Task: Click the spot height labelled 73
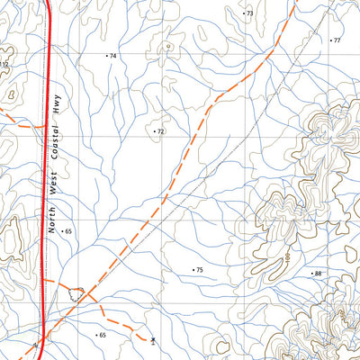coord(249,13)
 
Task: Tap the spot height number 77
coord(337,40)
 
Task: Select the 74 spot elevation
coord(113,56)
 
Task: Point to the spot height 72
coord(160,131)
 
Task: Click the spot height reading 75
coord(200,270)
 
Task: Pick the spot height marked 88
coord(316,273)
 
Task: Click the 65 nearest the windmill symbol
coord(102,335)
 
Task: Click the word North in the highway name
coord(53,219)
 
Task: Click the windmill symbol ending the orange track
coord(154,340)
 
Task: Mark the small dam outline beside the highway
coord(79,292)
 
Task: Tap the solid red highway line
coord(45,180)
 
